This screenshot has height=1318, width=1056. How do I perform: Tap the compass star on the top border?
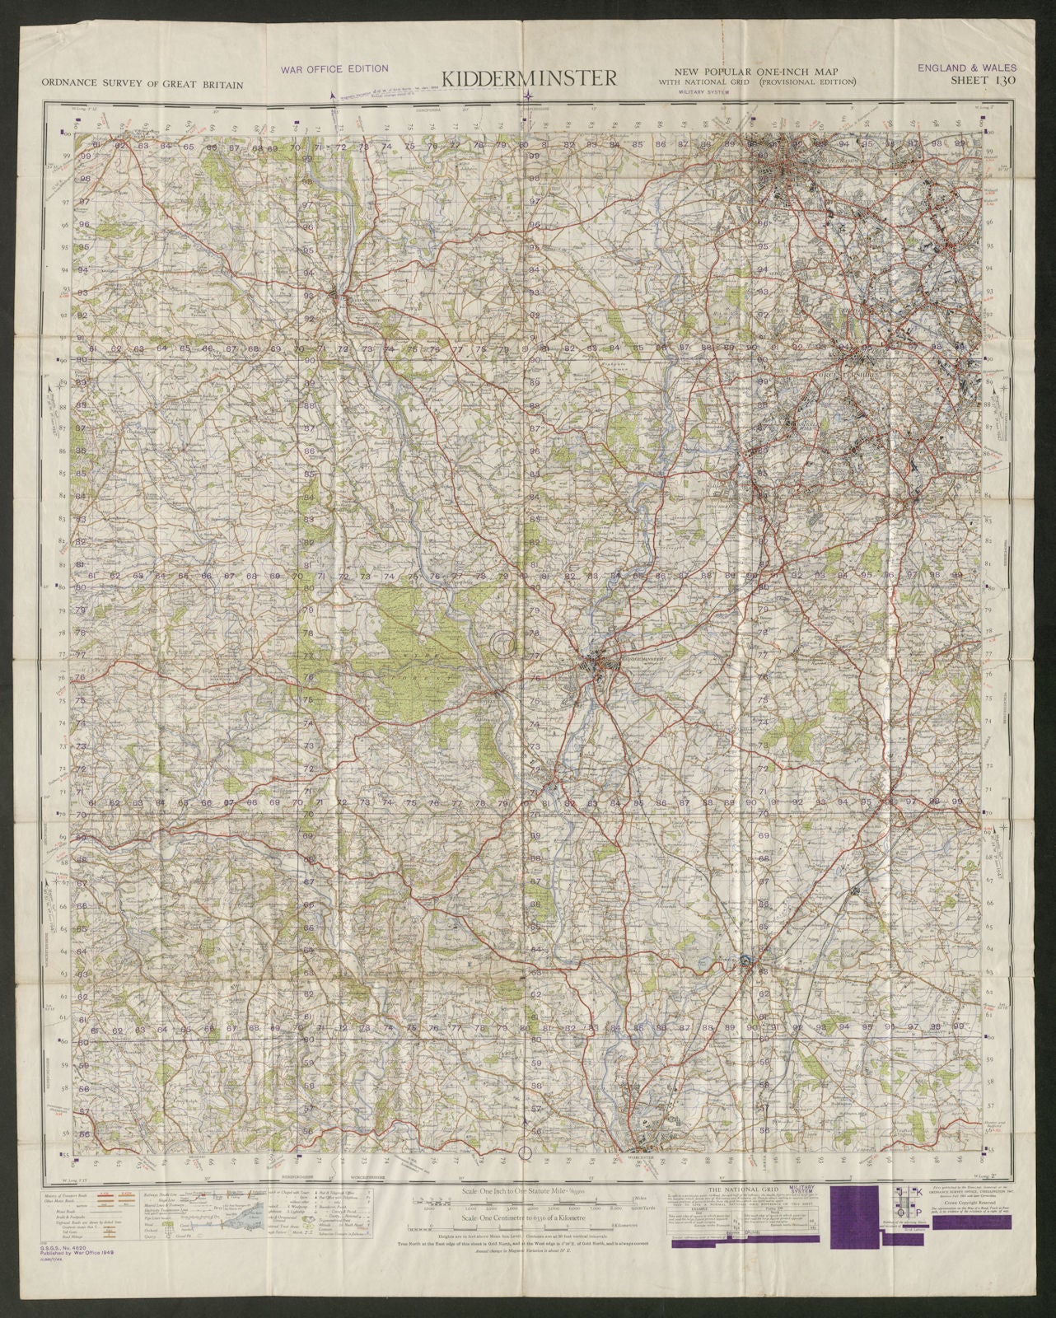pyautogui.click(x=527, y=99)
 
